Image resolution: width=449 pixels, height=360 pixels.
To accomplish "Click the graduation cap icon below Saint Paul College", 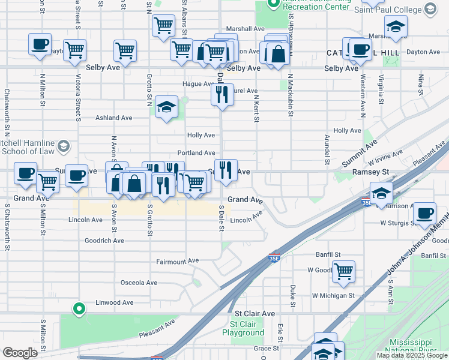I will (396, 27).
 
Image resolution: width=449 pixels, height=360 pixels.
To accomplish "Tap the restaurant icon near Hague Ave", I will (222, 95).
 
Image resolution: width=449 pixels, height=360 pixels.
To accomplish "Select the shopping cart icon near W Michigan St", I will (343, 271).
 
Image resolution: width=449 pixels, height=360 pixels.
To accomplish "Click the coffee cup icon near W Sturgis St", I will (425, 213).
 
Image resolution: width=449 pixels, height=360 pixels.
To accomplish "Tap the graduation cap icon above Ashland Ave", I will (167, 107).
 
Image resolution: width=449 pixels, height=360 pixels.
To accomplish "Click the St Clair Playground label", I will (243, 328).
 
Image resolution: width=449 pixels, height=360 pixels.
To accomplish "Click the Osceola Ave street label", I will (139, 282).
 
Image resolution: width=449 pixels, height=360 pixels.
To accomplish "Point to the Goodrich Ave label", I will (104, 241).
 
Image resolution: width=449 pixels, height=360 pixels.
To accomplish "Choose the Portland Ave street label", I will (196, 153).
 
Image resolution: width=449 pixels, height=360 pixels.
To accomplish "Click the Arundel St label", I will (327, 149).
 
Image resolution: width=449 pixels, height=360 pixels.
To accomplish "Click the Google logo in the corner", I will (20, 353).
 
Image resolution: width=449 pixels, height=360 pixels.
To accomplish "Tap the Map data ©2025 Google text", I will (412, 355).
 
